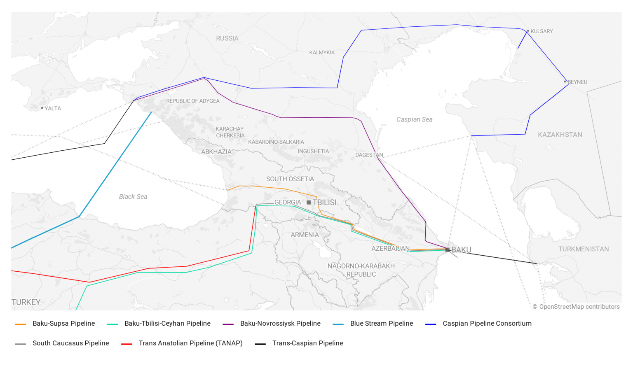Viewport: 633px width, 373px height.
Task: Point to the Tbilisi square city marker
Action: [x=309, y=203]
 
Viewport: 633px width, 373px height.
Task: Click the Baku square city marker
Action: [x=448, y=250]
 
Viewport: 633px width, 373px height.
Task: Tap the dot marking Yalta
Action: [x=42, y=108]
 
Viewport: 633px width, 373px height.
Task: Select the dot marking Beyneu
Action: [x=565, y=82]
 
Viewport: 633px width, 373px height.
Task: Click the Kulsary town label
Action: [x=542, y=31]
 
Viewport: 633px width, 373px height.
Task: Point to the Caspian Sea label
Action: [x=414, y=120]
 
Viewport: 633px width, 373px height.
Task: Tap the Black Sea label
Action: [x=133, y=197]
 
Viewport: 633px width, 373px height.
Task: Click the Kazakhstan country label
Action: [x=560, y=135]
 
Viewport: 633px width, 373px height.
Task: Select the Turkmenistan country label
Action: [x=583, y=249]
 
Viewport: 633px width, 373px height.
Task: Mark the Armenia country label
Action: [x=305, y=235]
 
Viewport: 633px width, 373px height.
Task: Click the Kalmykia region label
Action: [x=322, y=53]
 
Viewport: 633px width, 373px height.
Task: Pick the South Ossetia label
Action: [x=290, y=179]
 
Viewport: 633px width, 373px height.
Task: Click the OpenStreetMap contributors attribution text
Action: [x=576, y=307]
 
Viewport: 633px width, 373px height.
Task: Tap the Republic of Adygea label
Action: [x=193, y=101]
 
